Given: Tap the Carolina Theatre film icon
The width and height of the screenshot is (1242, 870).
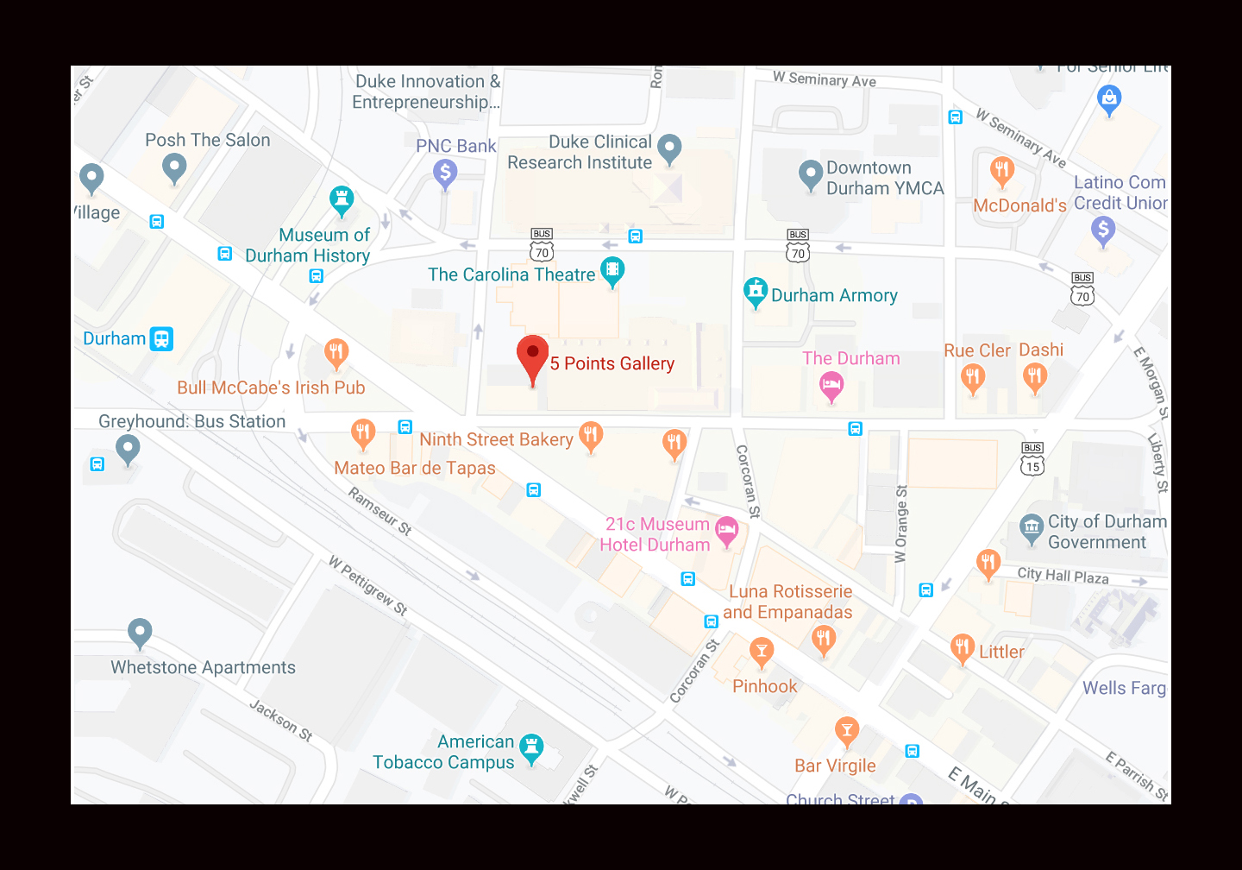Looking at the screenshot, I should (612, 271).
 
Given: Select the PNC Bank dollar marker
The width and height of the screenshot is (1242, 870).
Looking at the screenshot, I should (445, 173).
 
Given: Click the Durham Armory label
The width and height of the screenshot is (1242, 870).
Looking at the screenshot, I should (834, 295).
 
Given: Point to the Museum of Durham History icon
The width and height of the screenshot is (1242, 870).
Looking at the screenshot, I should (342, 200).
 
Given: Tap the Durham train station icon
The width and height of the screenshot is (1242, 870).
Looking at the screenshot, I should (161, 338).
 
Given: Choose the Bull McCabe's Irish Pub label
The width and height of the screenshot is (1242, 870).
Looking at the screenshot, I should (271, 388).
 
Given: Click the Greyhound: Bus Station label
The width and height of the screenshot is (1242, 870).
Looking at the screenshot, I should (191, 421).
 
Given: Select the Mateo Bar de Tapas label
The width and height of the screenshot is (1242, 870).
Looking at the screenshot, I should (414, 468).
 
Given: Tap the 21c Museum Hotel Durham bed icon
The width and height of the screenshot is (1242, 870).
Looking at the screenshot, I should (727, 530).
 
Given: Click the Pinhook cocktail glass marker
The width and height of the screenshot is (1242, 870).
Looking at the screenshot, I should (761, 652).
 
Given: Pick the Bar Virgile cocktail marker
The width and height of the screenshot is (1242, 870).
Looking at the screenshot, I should (847, 731).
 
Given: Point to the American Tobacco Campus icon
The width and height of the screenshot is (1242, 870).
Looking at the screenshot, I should (531, 747).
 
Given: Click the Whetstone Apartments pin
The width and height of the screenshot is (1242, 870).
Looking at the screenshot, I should (140, 633).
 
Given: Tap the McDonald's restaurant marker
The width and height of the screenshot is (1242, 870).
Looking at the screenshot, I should (1001, 170).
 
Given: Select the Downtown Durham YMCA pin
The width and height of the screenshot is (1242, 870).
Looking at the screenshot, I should (810, 174).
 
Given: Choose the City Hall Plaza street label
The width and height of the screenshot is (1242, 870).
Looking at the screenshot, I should (1063, 576).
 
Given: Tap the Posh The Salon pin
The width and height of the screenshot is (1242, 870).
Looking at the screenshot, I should (174, 167).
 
